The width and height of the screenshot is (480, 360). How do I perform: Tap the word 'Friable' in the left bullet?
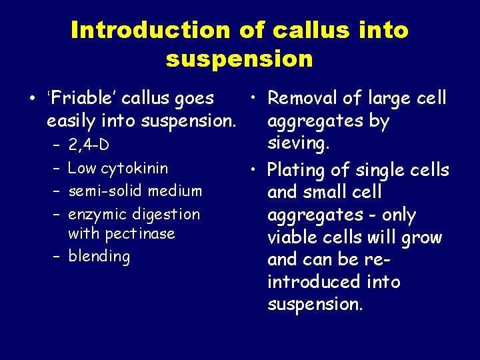(77, 99)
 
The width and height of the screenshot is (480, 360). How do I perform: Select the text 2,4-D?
(89, 145)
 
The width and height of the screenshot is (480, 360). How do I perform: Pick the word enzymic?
(98, 215)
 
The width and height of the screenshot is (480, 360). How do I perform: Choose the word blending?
(99, 257)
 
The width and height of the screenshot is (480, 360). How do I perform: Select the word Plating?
(297, 171)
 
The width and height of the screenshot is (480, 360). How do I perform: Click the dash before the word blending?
(57, 257)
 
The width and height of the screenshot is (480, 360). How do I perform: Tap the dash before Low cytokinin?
(57, 168)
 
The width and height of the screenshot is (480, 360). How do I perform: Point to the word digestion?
(166, 215)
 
